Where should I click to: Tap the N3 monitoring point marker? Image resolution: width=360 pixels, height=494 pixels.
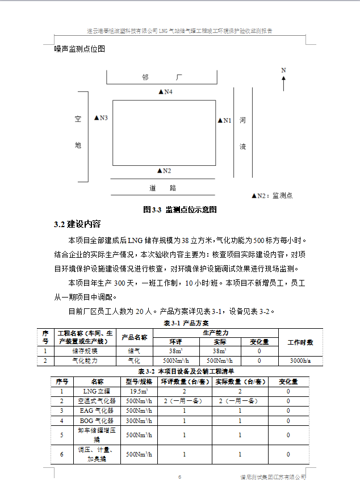point(101,118)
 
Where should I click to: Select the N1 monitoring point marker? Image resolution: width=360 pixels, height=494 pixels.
point(225,120)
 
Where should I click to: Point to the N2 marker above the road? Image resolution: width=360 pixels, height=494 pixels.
point(164,170)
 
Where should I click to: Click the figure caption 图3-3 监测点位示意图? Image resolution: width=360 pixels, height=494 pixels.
point(180,210)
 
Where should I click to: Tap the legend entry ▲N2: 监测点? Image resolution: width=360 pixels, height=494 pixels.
point(272,195)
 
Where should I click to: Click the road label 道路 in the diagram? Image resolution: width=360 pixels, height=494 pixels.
point(162,187)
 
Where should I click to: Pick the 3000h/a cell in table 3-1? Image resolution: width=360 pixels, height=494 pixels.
point(300,361)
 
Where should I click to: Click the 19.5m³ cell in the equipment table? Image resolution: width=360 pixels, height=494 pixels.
point(139,391)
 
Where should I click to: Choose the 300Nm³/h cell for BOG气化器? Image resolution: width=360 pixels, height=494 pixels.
point(139,421)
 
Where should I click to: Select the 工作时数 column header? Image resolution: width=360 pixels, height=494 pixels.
point(300,342)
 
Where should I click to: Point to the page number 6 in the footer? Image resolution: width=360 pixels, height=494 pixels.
point(179,476)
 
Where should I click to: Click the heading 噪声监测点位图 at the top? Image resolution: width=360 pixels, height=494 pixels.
point(79,49)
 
